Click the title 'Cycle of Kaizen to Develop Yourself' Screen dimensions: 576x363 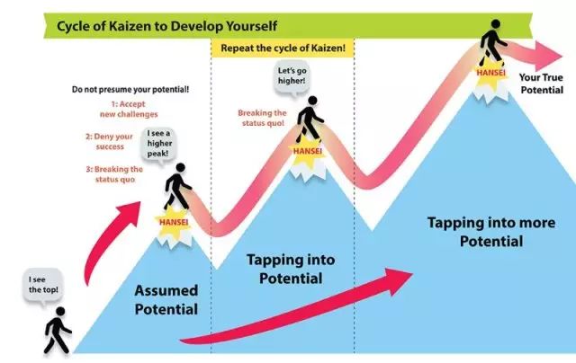tap(166, 26)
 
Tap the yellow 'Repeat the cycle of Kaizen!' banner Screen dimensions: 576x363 tap(283, 48)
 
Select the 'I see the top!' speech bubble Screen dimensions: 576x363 tap(43, 286)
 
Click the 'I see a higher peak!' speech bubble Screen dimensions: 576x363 tap(158, 144)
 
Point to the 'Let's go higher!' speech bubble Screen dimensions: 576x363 tap(292, 77)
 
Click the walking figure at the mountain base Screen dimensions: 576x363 tap(58, 331)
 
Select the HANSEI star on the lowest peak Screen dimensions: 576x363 tap(174, 222)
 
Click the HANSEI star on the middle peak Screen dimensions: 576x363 tap(307, 151)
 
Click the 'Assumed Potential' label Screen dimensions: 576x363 tap(166, 299)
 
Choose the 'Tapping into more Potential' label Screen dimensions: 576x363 tap(491, 232)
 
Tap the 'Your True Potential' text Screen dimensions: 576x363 tap(541, 84)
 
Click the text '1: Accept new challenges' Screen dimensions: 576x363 tap(129, 109)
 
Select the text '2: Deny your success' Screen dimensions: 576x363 tap(110, 141)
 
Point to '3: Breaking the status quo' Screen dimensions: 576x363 tap(114, 174)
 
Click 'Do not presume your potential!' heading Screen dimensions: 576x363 tap(130, 89)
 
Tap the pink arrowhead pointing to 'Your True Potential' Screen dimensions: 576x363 tap(548, 56)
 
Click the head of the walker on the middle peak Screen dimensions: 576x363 tap(312, 101)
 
